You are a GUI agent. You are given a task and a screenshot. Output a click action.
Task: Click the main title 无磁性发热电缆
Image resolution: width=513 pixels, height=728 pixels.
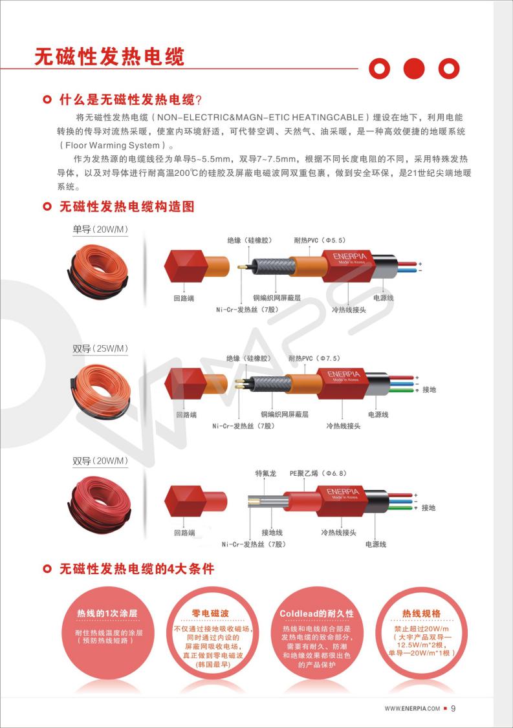(x=109, y=56)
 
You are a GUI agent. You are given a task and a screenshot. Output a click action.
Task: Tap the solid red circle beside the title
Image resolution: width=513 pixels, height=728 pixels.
(x=413, y=68)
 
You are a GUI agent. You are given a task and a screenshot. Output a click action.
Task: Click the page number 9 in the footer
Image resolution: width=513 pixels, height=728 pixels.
(x=453, y=708)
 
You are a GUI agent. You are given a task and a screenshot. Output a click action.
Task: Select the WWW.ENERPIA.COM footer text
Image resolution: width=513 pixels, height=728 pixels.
(x=412, y=709)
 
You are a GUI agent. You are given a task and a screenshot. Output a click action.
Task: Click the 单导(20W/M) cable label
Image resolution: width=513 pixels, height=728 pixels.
(x=100, y=230)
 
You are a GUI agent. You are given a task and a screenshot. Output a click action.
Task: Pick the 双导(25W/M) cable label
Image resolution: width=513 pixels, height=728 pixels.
(x=100, y=348)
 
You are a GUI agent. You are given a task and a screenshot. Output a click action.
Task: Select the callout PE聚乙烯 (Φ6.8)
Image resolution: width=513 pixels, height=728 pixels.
(x=318, y=474)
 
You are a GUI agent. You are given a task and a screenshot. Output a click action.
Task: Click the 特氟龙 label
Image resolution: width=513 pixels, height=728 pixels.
(x=266, y=474)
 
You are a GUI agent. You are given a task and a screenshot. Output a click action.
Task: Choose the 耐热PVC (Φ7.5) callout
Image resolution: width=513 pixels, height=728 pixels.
(x=314, y=358)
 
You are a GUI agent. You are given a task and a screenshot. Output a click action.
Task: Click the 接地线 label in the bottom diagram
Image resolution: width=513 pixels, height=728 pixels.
(x=272, y=532)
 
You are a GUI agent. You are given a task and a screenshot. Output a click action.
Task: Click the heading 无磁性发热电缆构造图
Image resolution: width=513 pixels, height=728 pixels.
(x=127, y=207)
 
